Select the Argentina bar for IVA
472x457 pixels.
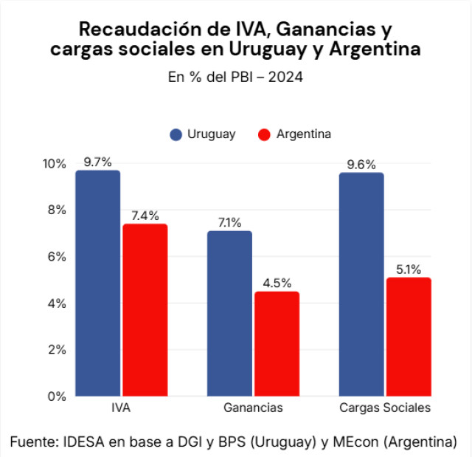pos(145,309)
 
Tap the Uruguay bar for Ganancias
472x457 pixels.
pos(229,313)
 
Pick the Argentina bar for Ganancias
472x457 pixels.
pos(277,343)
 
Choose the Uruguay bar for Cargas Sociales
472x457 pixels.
pos(361,284)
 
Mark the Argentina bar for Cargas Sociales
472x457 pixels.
pos(409,337)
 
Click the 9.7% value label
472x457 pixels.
pos(97,162)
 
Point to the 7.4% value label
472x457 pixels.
pos(145,216)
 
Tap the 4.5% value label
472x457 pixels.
pos(277,283)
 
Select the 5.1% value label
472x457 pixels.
pos(409,269)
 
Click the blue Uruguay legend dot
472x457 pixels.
pos(176,134)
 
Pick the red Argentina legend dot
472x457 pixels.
pos(265,134)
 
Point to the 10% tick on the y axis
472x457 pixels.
pos(55,163)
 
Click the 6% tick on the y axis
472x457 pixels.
pos(58,256)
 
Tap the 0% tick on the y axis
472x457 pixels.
pos(58,396)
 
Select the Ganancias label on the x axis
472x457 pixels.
pos(253,408)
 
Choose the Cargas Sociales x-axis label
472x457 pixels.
pos(385,408)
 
